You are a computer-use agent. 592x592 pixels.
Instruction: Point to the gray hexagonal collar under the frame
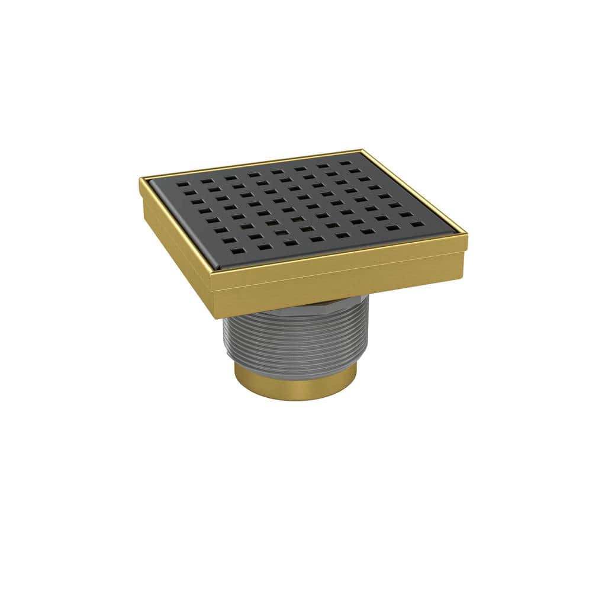click(x=343, y=303)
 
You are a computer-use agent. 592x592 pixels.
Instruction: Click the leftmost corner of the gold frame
click(x=141, y=179)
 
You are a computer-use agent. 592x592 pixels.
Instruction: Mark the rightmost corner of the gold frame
click(x=467, y=235)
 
